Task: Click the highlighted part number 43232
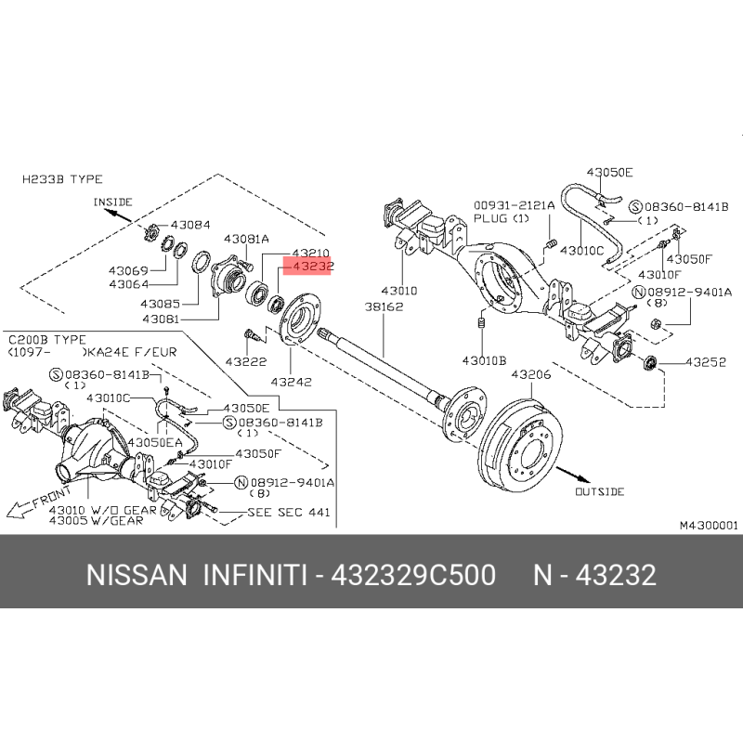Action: (x=313, y=267)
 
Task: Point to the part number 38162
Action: (x=384, y=307)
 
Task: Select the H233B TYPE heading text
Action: (x=62, y=179)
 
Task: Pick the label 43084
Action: (x=190, y=225)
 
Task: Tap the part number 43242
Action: (x=291, y=382)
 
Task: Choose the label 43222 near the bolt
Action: (x=245, y=362)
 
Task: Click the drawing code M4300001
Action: (x=709, y=525)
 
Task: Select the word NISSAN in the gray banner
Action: (x=137, y=575)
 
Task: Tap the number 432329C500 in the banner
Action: (x=413, y=575)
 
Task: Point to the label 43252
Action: (x=706, y=362)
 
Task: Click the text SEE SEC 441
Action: (x=289, y=513)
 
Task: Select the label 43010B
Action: (x=484, y=360)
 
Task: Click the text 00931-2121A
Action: (x=515, y=205)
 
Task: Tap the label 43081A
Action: (x=246, y=239)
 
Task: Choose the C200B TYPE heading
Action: (x=47, y=340)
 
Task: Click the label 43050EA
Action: (x=155, y=443)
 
